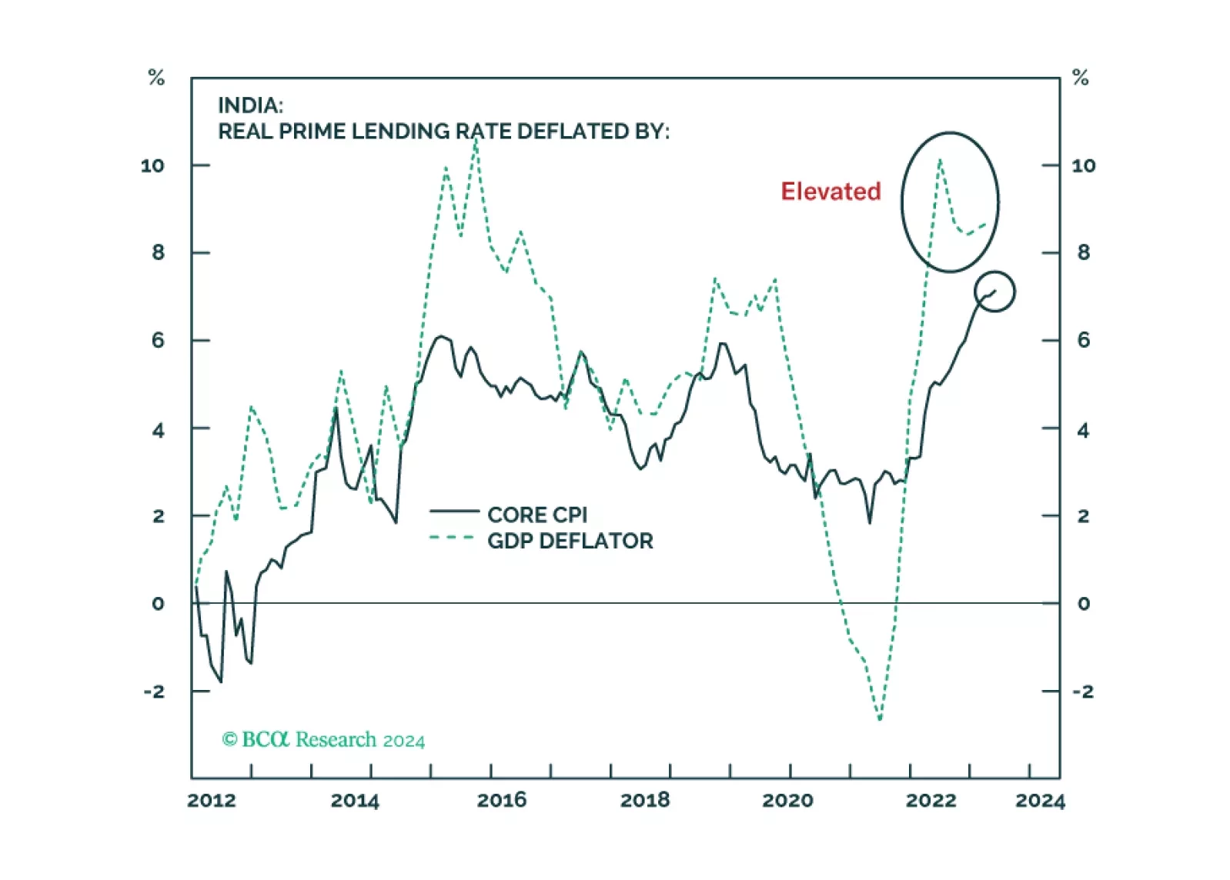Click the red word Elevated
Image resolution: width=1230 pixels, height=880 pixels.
pyautogui.click(x=831, y=192)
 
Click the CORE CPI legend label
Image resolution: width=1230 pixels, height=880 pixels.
pyautogui.click(x=537, y=515)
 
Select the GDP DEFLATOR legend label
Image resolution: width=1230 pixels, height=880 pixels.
pyautogui.click(x=570, y=542)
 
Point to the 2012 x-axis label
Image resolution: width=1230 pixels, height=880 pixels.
pyautogui.click(x=212, y=801)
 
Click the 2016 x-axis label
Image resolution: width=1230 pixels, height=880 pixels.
pyautogui.click(x=502, y=801)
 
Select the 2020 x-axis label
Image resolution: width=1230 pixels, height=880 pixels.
pyautogui.click(x=787, y=801)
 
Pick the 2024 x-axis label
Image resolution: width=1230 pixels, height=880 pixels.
pyautogui.click(x=1040, y=801)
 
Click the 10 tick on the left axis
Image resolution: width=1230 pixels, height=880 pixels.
pyautogui.click(x=152, y=165)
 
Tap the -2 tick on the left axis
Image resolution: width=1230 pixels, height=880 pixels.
pyautogui.click(x=154, y=692)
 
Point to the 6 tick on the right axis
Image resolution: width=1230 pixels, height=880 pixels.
pyautogui.click(x=1084, y=340)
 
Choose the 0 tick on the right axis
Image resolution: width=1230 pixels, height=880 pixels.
pyautogui.click(x=1084, y=604)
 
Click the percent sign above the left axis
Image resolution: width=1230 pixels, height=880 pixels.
pyautogui.click(x=156, y=78)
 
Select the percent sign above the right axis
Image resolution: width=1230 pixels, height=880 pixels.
pyautogui.click(x=1081, y=78)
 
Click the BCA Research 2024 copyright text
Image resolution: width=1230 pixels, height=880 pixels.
pyautogui.click(x=323, y=740)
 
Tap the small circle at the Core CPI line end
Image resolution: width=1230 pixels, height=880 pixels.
pyautogui.click(x=994, y=292)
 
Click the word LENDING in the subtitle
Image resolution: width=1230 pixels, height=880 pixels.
pyautogui.click(x=401, y=132)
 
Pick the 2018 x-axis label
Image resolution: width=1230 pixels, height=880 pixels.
pyautogui.click(x=645, y=801)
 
